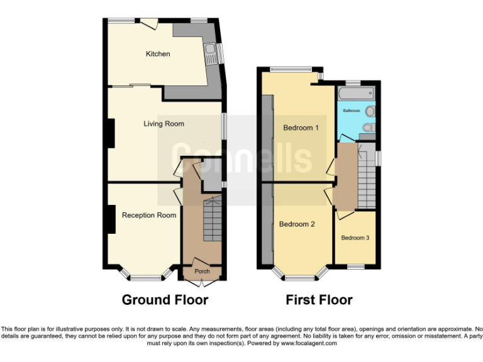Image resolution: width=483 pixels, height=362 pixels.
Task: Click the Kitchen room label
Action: [158, 54]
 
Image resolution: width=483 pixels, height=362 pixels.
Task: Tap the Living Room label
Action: [164, 124]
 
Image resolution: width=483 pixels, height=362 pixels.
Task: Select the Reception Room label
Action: [149, 216]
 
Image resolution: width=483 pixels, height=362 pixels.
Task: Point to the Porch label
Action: [202, 271]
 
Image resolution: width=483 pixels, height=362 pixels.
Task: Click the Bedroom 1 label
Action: [301, 128]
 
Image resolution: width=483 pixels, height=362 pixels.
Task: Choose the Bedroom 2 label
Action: [297, 224]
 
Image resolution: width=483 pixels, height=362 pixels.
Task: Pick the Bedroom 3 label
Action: [355, 238]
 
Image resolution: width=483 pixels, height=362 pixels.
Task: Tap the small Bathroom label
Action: [351, 111]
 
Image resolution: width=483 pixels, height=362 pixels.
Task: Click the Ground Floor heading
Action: [165, 300]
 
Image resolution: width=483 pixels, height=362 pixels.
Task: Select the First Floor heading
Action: [319, 300]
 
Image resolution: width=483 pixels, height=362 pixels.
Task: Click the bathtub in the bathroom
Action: [356, 95]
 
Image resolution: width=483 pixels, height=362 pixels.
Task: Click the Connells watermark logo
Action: [234, 156]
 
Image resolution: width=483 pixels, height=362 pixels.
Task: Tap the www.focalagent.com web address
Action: [309, 344]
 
